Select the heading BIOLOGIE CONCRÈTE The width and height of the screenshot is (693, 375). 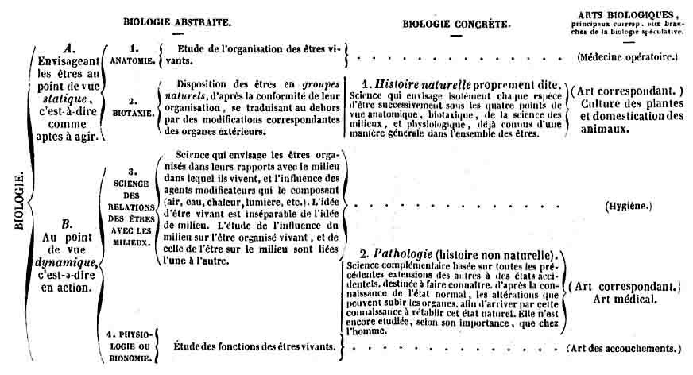tap(455, 24)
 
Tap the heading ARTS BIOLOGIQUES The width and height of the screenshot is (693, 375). tap(628, 14)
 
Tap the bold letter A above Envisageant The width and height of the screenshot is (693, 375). tap(69, 48)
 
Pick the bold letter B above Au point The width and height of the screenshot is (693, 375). tap(68, 223)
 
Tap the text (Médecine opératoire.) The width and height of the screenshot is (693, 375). tap(628, 57)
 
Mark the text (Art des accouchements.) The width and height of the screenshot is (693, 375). tap(624, 348)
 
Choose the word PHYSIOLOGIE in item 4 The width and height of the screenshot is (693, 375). tap(130, 337)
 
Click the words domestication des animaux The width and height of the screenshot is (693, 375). tap(628, 123)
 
